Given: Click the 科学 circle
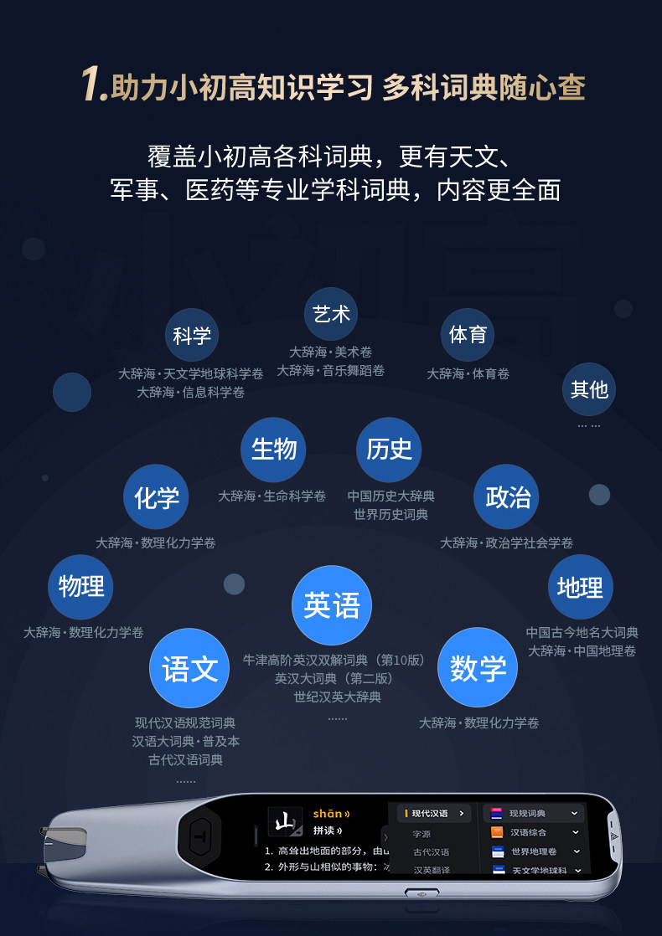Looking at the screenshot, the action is tap(192, 336).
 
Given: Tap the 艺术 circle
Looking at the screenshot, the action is tap(331, 314).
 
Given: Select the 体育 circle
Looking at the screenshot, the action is tap(468, 335).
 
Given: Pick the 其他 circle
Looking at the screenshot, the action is tap(588, 389).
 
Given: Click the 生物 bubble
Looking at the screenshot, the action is tap(274, 450).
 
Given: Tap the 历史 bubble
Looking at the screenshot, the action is tap(389, 450).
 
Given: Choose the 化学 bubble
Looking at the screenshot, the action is tap(156, 497).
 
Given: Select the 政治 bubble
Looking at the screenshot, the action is tap(507, 496).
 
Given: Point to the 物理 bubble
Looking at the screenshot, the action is tap(80, 587).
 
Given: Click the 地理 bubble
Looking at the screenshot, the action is tap(580, 587).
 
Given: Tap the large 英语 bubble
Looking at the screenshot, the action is tap(332, 605).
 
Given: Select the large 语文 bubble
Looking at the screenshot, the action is tap(189, 668).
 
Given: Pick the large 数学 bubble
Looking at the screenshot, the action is tap(478, 668).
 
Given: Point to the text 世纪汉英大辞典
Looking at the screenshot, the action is tap(337, 697).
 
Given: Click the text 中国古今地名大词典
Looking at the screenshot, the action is tap(582, 632).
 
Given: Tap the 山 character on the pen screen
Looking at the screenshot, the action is tap(285, 822).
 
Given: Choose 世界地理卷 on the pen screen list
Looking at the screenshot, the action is tap(534, 851).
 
